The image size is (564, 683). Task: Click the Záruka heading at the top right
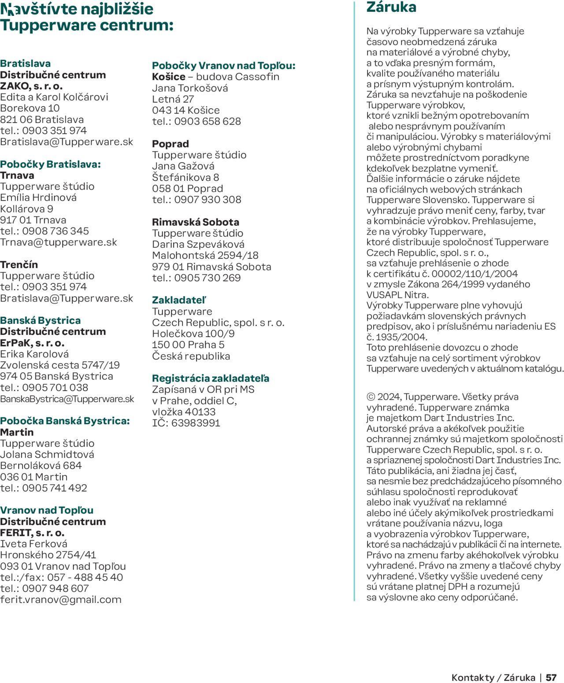point(391,7)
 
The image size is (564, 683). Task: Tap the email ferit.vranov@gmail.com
point(61,599)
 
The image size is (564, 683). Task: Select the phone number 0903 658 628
point(208,121)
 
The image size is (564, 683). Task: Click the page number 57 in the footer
point(551,677)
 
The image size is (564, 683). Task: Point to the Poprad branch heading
point(171,144)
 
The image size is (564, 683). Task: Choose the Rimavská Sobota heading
point(196,222)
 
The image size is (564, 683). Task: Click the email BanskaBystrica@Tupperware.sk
point(67,399)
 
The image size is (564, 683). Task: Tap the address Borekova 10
point(30,108)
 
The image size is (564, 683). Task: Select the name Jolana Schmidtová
point(47,454)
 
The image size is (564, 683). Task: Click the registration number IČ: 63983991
point(186,423)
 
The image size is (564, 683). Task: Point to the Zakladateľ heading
point(179,300)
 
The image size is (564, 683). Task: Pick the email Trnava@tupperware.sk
point(59,242)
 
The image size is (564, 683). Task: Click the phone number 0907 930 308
point(208,200)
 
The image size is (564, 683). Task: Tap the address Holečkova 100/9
point(193,334)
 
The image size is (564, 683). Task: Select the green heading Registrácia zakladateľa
point(211,378)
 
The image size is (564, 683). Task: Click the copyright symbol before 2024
point(371,397)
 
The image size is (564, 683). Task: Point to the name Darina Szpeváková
point(198,244)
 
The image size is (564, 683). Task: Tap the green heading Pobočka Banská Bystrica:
point(65,421)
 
